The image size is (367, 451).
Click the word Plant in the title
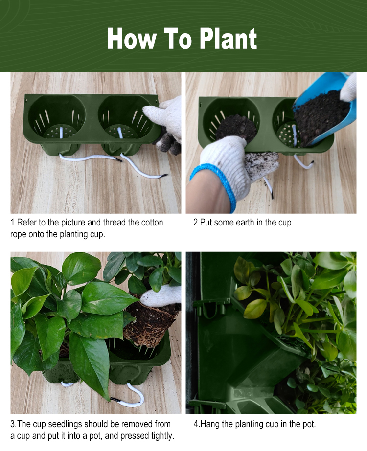[228, 39]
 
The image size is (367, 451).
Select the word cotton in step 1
[152, 223]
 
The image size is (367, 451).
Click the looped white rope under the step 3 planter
[129, 396]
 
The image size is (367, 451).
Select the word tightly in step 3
[162, 436]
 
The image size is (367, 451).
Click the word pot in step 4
[308, 424]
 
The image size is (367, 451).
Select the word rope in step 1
[18, 234]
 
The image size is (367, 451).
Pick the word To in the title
[178, 39]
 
